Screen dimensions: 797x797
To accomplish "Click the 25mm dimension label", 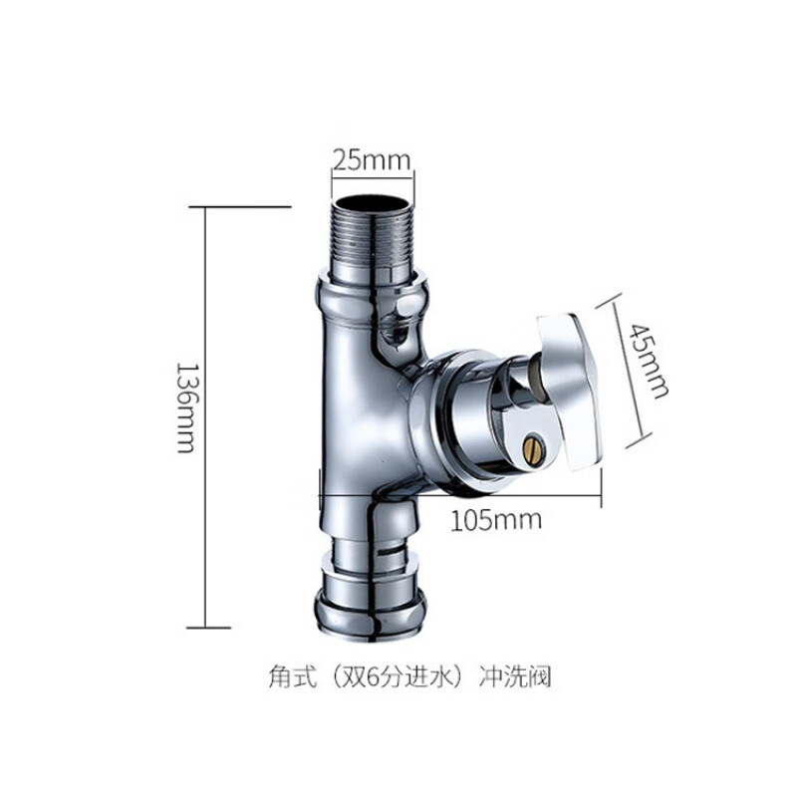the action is pyautogui.click(x=372, y=160).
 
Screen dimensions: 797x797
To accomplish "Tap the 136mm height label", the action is pyautogui.click(x=185, y=407).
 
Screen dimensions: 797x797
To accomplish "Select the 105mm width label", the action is pyautogui.click(x=496, y=520).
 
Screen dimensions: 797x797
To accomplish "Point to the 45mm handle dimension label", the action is pyautogui.click(x=649, y=361).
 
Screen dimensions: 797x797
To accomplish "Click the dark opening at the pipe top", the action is pyautogui.click(x=371, y=202).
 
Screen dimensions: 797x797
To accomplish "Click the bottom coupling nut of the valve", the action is pyautogui.click(x=370, y=612).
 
